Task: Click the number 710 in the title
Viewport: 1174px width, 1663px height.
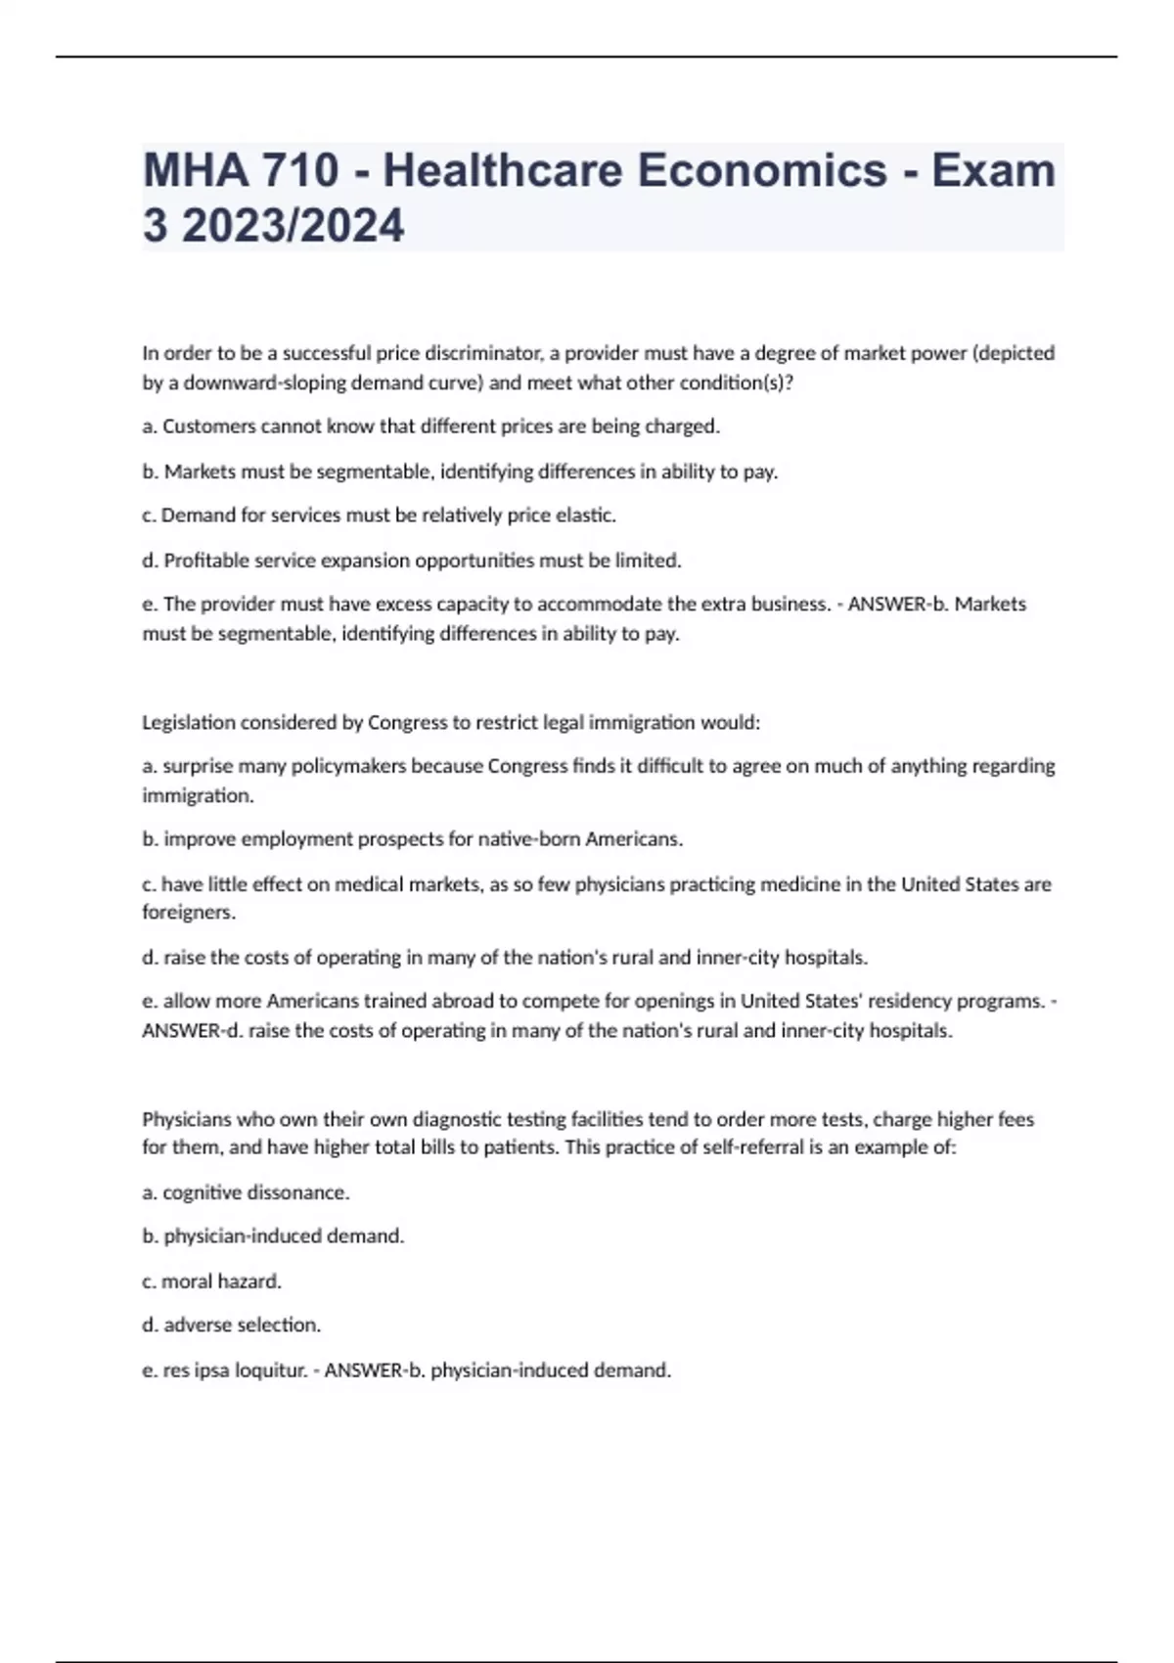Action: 299,170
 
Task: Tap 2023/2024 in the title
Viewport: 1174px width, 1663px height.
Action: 293,226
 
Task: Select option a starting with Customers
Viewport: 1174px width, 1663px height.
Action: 430,427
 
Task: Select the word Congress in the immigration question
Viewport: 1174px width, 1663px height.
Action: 407,723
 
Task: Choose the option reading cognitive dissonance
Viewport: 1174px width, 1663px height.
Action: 246,1192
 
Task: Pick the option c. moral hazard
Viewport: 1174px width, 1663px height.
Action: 211,1281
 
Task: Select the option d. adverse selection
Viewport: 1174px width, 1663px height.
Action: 231,1325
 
